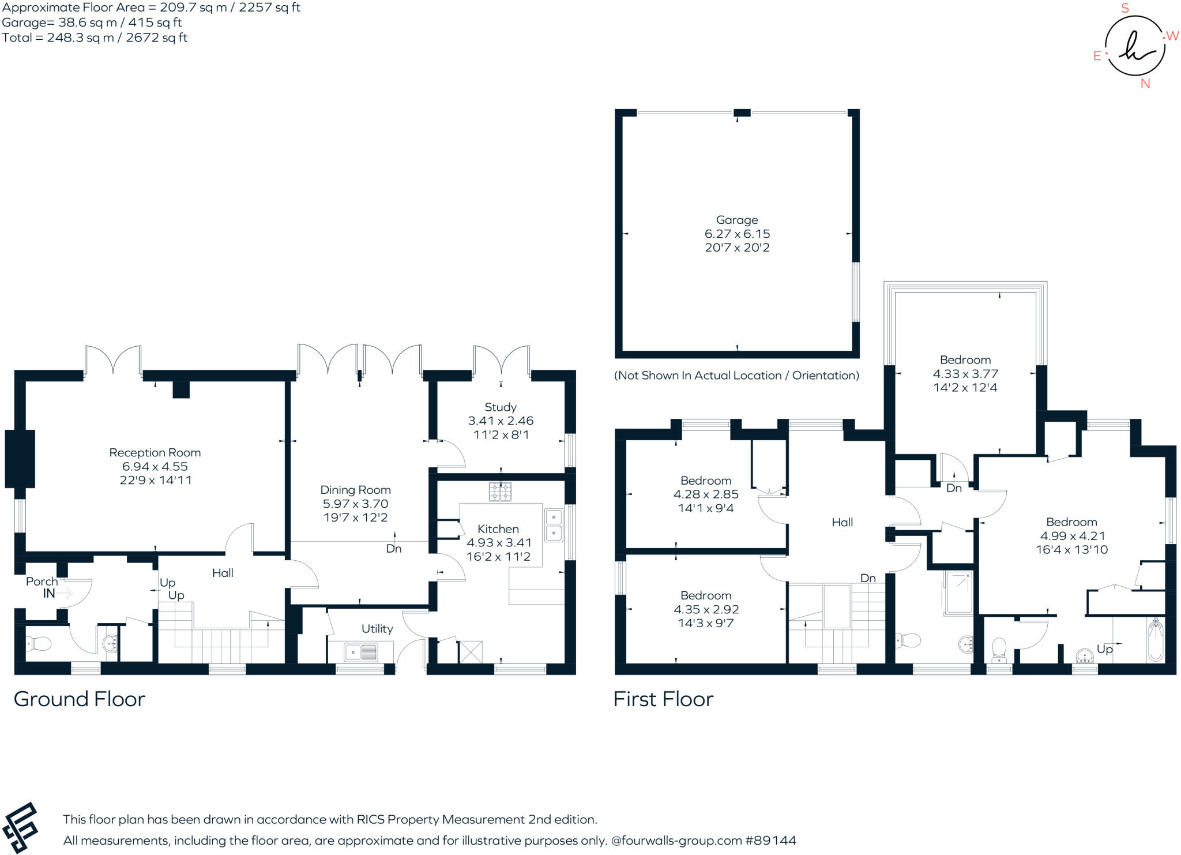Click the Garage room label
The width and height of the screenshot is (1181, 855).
(736, 220)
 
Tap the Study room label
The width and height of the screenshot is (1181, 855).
(500, 407)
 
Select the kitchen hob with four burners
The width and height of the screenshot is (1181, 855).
(500, 492)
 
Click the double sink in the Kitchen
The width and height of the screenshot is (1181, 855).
(554, 525)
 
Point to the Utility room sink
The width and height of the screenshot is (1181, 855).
(360, 652)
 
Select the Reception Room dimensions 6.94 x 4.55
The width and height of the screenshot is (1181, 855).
(155, 466)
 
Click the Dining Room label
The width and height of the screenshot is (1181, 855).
(355, 490)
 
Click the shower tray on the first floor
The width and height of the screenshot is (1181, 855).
(958, 592)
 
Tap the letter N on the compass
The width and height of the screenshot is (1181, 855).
(1145, 84)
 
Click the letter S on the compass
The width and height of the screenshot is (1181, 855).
(1124, 9)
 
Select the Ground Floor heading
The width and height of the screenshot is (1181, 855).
(79, 699)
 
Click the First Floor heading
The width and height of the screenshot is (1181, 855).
(663, 699)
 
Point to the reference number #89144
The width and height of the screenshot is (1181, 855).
(770, 841)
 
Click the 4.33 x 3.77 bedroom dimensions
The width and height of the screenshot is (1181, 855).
(965, 374)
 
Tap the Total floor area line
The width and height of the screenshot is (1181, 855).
(95, 38)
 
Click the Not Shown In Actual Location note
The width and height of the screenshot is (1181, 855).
(736, 376)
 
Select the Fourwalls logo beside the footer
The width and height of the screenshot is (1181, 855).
(21, 827)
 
